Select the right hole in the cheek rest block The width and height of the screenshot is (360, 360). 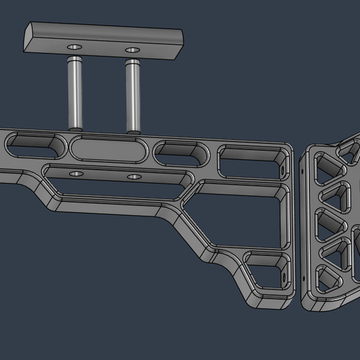pos(131,50)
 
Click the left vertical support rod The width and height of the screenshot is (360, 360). pos(75,94)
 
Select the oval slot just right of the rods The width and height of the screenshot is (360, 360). pos(181,153)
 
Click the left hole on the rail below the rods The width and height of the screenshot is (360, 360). pos(76,172)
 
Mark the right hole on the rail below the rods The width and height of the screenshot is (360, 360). pos(133,177)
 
